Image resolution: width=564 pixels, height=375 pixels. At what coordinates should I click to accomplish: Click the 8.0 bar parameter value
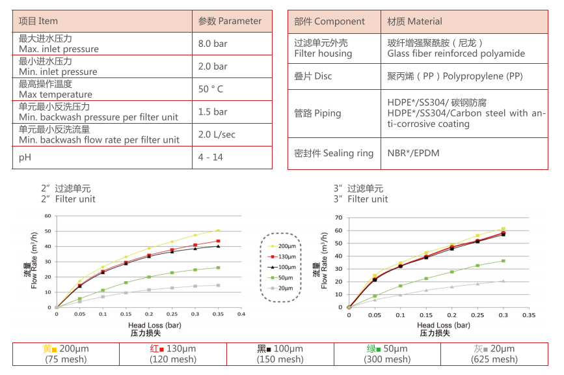click(x=213, y=44)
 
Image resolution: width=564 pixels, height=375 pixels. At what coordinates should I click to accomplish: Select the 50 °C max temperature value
click(x=211, y=89)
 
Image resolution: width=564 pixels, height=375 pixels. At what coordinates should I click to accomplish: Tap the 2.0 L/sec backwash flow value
click(x=217, y=134)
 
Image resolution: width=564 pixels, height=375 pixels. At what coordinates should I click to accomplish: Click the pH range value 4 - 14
click(x=210, y=157)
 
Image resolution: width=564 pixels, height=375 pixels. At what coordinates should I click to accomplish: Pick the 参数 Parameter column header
click(x=230, y=21)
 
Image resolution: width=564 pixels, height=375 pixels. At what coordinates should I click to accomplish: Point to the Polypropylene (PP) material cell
click(x=455, y=76)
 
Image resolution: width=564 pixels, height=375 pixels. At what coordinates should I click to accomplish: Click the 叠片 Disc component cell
click(x=313, y=76)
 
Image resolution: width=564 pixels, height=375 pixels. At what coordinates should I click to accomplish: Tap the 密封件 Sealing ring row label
click(x=334, y=153)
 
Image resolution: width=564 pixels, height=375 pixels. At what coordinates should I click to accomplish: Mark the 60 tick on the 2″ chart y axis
click(x=47, y=216)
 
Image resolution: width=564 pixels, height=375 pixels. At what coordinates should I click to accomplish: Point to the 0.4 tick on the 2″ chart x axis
click(x=241, y=314)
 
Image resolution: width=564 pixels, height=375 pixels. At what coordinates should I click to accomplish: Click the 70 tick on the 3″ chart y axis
click(x=338, y=218)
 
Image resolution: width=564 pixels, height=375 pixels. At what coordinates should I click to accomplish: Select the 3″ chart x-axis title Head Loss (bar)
click(x=443, y=325)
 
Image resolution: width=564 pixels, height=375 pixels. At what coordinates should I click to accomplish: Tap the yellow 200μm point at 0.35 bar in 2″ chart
click(x=218, y=230)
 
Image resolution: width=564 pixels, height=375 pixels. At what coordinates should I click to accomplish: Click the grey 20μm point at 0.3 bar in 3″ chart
click(x=503, y=281)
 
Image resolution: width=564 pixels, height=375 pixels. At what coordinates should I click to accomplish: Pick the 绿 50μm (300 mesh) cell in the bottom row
click(x=387, y=354)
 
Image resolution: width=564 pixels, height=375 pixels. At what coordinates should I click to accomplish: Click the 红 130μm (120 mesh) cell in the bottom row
click(x=172, y=354)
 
